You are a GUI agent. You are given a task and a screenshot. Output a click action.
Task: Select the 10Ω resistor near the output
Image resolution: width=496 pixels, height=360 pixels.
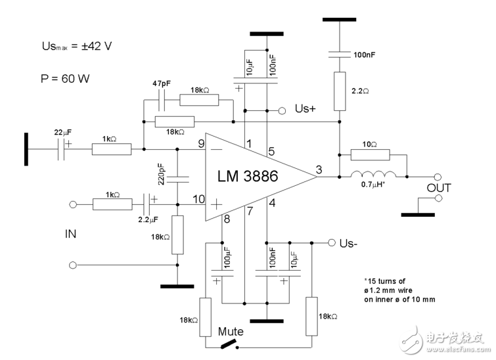[370, 155]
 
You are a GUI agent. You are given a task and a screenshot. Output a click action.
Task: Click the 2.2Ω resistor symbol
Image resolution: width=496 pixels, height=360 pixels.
[339, 91]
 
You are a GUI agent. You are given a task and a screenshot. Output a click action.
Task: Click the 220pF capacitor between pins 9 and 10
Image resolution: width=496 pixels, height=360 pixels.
[177, 177]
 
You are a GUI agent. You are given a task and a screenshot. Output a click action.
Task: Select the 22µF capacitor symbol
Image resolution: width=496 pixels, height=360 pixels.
[62, 150]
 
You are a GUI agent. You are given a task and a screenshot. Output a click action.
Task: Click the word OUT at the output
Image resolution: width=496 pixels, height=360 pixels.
[440, 189]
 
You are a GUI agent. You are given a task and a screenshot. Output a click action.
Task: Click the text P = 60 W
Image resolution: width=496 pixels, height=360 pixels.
[64, 78]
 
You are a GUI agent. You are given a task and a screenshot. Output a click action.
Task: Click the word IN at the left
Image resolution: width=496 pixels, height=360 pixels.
[70, 233]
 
